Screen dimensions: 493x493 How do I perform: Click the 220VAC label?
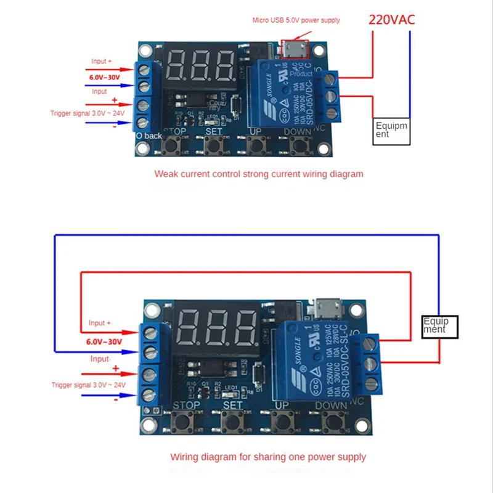point(391,19)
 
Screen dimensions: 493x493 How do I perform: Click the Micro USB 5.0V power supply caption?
point(296,20)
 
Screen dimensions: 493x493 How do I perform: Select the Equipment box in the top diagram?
point(391,130)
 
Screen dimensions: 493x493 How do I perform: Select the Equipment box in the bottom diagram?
point(441,325)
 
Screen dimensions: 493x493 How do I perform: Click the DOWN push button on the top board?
point(299,145)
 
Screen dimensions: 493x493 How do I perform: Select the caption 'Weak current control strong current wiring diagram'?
point(259,174)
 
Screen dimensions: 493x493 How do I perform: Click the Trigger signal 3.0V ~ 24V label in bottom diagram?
point(88,385)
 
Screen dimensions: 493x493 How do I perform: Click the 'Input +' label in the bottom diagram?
point(100,323)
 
